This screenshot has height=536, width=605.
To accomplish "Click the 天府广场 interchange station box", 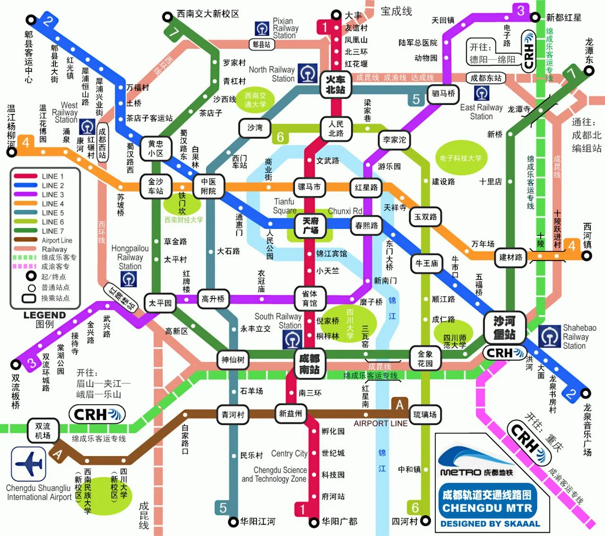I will point(310,225).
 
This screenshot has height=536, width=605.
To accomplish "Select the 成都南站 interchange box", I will point(309,364).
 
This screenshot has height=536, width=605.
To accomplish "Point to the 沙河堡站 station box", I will point(504,327).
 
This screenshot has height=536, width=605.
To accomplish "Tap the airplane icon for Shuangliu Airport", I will point(28,464).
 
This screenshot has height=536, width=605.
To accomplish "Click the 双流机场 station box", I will point(43,431).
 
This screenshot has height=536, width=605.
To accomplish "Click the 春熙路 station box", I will point(366,225).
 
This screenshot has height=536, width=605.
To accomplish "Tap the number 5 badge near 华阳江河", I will point(223,508).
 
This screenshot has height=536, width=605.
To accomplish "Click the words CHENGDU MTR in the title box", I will point(487,508).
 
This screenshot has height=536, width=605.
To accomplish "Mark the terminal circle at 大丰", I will point(336,15).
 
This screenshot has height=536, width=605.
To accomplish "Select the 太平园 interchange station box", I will point(160,303).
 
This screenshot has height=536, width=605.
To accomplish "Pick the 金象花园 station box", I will point(425,359).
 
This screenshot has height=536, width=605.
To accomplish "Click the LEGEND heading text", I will point(44,315).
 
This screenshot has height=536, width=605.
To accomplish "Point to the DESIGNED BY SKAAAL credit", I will point(490,524).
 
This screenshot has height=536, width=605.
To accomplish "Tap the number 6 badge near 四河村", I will point(415,508).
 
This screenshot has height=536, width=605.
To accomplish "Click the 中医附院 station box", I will point(208,186).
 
